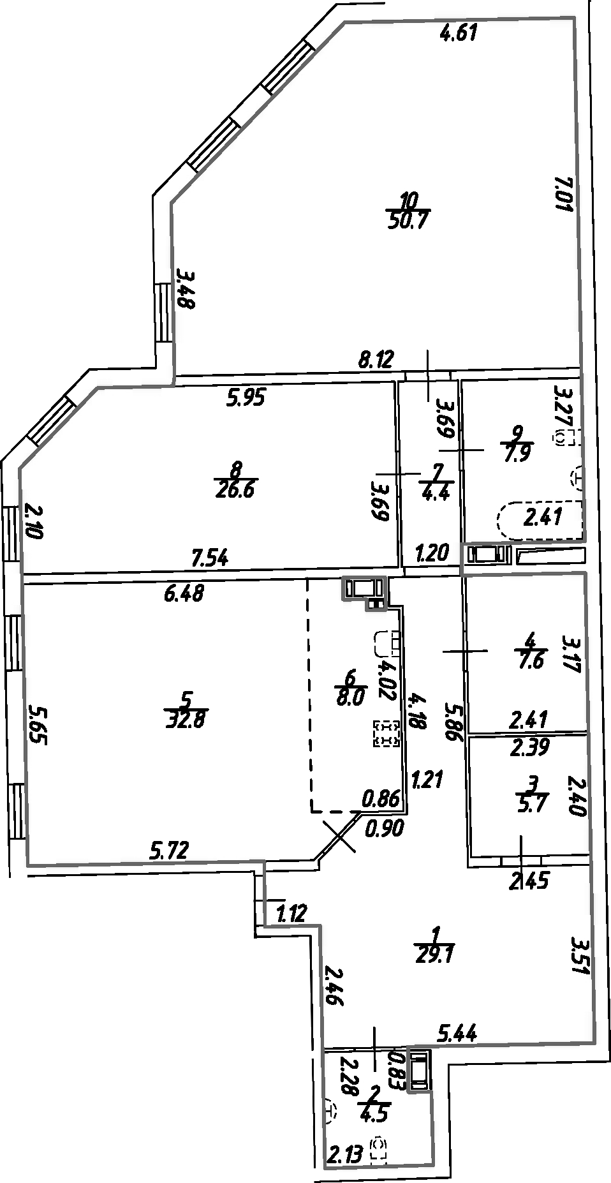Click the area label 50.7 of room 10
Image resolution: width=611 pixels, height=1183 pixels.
click(408, 221)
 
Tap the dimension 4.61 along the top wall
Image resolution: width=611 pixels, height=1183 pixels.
click(459, 32)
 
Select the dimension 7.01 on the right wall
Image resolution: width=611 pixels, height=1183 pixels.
click(564, 195)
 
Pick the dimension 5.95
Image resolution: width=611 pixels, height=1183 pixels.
click(246, 398)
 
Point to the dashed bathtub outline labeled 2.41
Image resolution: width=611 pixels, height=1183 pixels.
click(541, 518)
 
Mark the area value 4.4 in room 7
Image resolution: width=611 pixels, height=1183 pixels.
click(436, 493)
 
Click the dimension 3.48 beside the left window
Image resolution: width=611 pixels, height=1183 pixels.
click(186, 290)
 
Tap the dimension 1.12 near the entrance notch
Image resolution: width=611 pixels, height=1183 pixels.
click(292, 914)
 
